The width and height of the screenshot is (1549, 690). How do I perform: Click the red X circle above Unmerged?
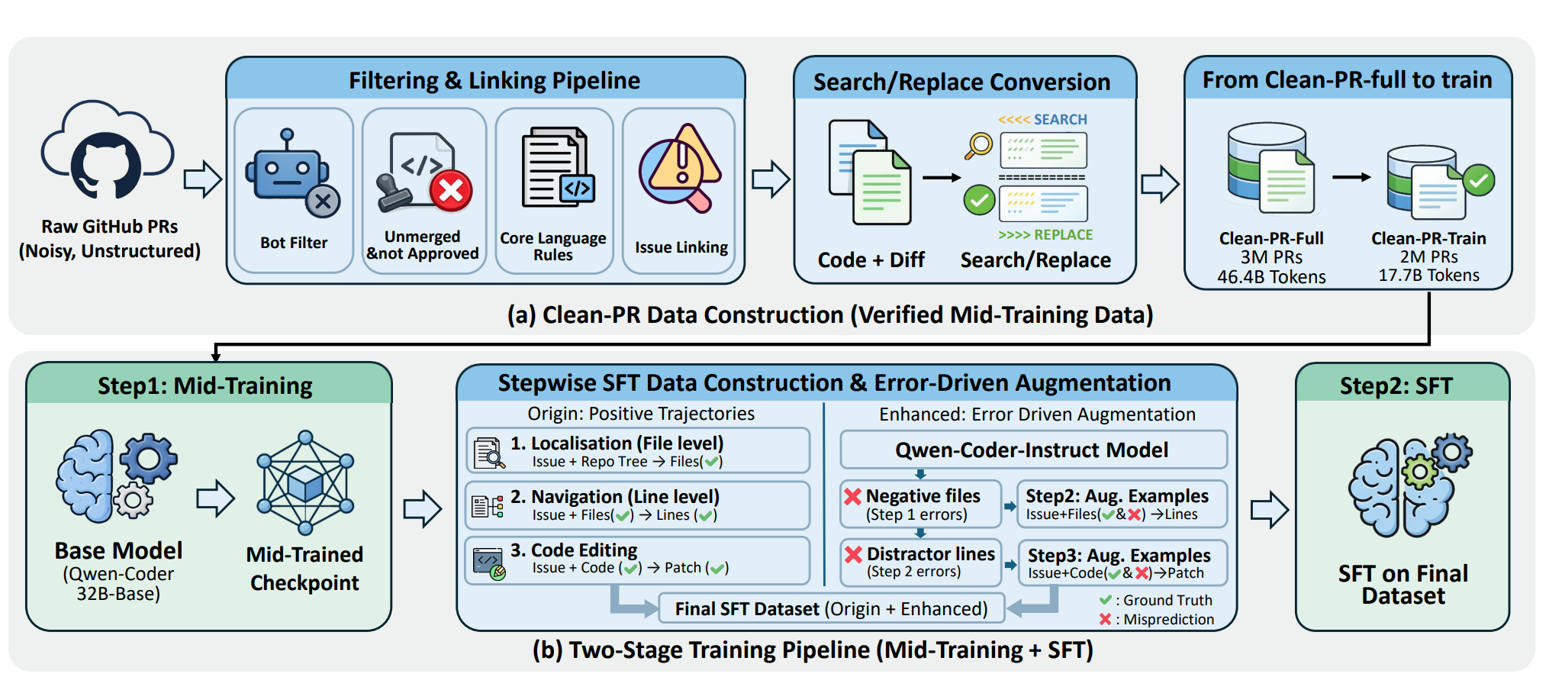(x=451, y=190)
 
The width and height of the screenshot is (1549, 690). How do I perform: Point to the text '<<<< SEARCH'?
(x=1042, y=120)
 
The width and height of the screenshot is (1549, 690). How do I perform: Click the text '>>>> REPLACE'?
(x=1045, y=235)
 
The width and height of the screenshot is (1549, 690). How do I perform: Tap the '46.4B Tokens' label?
(x=1271, y=277)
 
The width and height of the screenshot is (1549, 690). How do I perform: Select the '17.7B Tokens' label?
(x=1428, y=276)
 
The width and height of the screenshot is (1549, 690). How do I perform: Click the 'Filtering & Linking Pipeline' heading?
(x=494, y=81)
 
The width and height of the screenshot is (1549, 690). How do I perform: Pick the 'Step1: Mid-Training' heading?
(x=205, y=386)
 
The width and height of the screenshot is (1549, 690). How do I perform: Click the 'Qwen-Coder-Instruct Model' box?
(x=1032, y=450)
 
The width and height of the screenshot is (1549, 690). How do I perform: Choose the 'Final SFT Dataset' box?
(x=831, y=609)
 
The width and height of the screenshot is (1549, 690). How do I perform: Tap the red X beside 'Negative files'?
(x=853, y=496)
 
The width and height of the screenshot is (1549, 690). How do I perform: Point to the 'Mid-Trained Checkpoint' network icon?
(x=305, y=482)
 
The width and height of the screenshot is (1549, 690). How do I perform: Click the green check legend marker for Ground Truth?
(x=1105, y=600)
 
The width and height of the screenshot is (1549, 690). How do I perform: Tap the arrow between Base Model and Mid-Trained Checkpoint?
(x=215, y=498)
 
